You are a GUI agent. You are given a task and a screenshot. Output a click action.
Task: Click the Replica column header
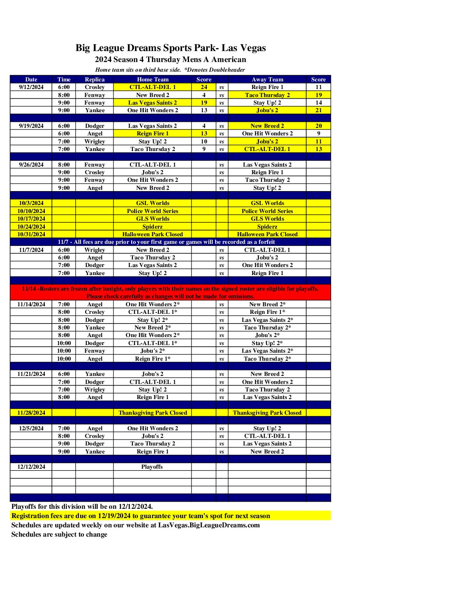[x=94, y=79]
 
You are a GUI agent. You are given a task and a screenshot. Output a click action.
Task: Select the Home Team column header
[x=152, y=79]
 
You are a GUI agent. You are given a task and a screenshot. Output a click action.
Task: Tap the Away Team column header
[x=267, y=79]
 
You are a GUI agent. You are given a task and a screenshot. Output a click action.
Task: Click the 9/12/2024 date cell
[x=31, y=87]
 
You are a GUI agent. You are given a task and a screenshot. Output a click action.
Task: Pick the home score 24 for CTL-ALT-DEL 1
[x=204, y=87]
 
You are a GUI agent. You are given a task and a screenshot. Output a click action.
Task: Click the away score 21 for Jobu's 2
[x=319, y=110]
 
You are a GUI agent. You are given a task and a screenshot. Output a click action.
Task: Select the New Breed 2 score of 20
[x=319, y=126]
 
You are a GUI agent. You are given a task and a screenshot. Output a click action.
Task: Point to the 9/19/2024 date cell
[x=31, y=126]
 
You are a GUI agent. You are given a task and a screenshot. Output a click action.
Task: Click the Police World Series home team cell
[x=152, y=211]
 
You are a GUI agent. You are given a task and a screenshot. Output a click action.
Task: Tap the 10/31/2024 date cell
[x=31, y=234]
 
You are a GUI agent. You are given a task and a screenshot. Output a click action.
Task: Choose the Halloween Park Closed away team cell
[x=267, y=234]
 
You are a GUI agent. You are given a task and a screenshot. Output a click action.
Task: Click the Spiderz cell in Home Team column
[x=152, y=227]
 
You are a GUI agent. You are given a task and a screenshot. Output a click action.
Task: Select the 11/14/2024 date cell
[x=31, y=304]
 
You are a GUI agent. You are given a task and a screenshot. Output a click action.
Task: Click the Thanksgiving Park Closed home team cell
[x=152, y=413]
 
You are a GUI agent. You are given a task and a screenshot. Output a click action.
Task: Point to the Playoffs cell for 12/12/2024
[x=152, y=467]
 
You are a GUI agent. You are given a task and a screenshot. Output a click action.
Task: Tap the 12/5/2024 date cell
[x=31, y=428]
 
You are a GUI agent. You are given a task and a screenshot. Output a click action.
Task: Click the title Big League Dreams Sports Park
[x=170, y=48]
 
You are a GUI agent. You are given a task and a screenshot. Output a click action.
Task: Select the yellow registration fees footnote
[x=140, y=516]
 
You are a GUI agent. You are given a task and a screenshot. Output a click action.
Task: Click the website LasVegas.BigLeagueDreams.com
[x=209, y=525]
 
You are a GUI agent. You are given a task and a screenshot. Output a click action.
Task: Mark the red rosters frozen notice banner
[x=170, y=292]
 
